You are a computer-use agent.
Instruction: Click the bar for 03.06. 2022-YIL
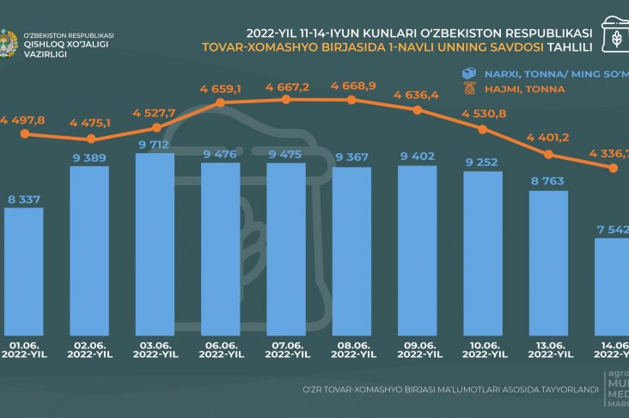point(156,245)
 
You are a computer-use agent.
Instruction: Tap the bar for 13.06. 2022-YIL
point(549,262)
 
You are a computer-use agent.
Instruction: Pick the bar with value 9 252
point(483,254)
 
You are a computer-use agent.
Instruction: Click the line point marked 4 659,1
point(221,103)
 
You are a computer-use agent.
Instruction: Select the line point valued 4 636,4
point(418,110)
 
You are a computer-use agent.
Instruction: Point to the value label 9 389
point(89,157)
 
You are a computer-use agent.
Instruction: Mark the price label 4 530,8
point(483,114)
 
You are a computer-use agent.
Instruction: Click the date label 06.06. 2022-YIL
point(221,349)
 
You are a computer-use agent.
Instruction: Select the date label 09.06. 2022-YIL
point(418,349)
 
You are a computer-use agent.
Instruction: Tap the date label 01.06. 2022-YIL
point(24,349)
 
